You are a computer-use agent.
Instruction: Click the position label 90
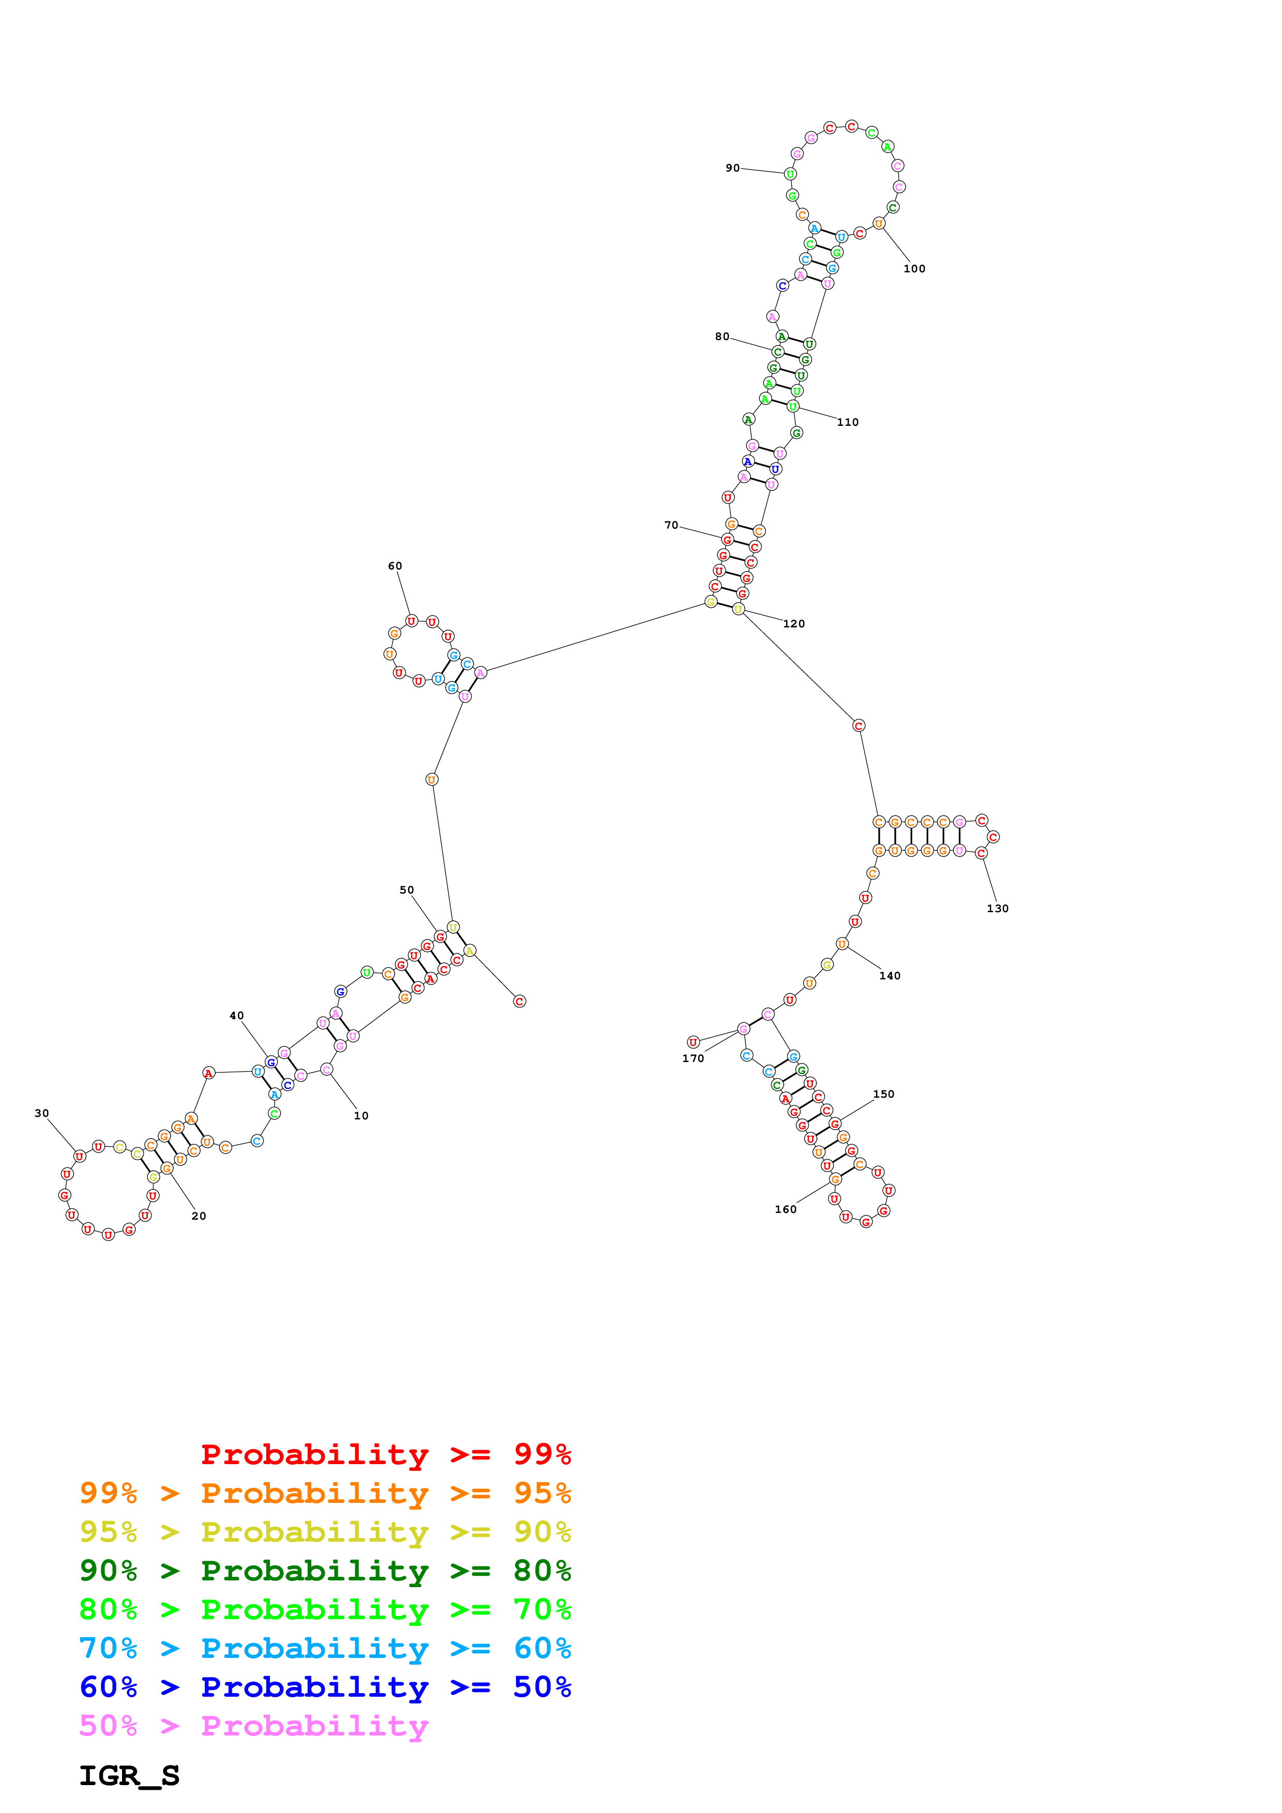732,168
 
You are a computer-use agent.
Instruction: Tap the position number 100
914,268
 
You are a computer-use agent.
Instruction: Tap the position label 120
794,624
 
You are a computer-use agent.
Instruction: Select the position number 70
671,525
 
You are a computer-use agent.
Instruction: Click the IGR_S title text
129,1776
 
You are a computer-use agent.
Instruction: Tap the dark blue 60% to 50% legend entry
325,1687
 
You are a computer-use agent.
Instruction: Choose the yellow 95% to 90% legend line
325,1532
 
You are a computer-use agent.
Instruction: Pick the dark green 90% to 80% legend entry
325,1571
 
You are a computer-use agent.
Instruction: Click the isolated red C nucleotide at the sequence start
519,1001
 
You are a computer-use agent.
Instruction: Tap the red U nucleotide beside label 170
693,1042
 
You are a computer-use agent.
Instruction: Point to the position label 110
848,422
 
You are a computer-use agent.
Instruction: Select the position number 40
237,1016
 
